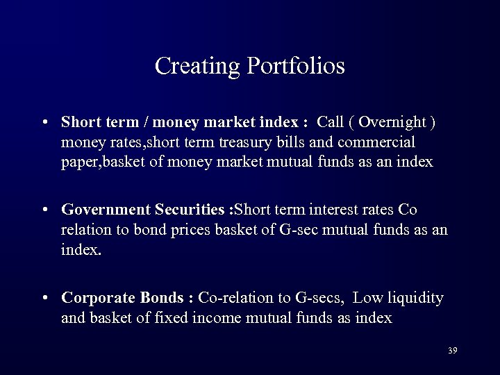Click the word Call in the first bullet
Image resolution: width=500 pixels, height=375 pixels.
pyautogui.click(x=330, y=123)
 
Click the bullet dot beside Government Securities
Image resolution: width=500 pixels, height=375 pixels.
pyautogui.click(x=44, y=210)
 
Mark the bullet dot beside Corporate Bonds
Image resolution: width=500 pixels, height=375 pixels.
pyautogui.click(x=44, y=298)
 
